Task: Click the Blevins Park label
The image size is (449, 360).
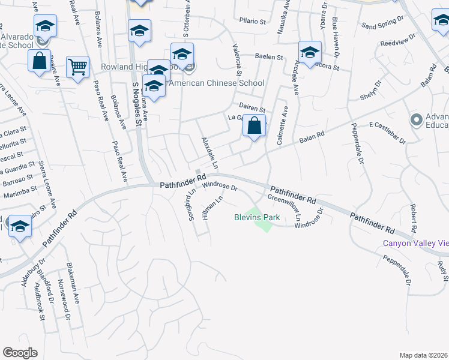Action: click(257, 218)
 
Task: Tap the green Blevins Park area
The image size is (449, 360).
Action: click(262, 223)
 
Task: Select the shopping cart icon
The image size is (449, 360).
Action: click(78, 68)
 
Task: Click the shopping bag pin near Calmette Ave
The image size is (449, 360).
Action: click(255, 126)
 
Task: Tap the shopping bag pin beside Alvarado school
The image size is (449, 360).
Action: click(39, 61)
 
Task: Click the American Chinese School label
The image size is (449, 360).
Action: click(216, 83)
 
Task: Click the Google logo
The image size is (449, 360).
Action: click(20, 353)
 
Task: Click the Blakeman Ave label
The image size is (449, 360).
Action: click(75, 292)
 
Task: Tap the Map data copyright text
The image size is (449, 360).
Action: click(424, 355)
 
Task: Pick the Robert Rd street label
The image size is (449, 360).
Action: click(414, 218)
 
